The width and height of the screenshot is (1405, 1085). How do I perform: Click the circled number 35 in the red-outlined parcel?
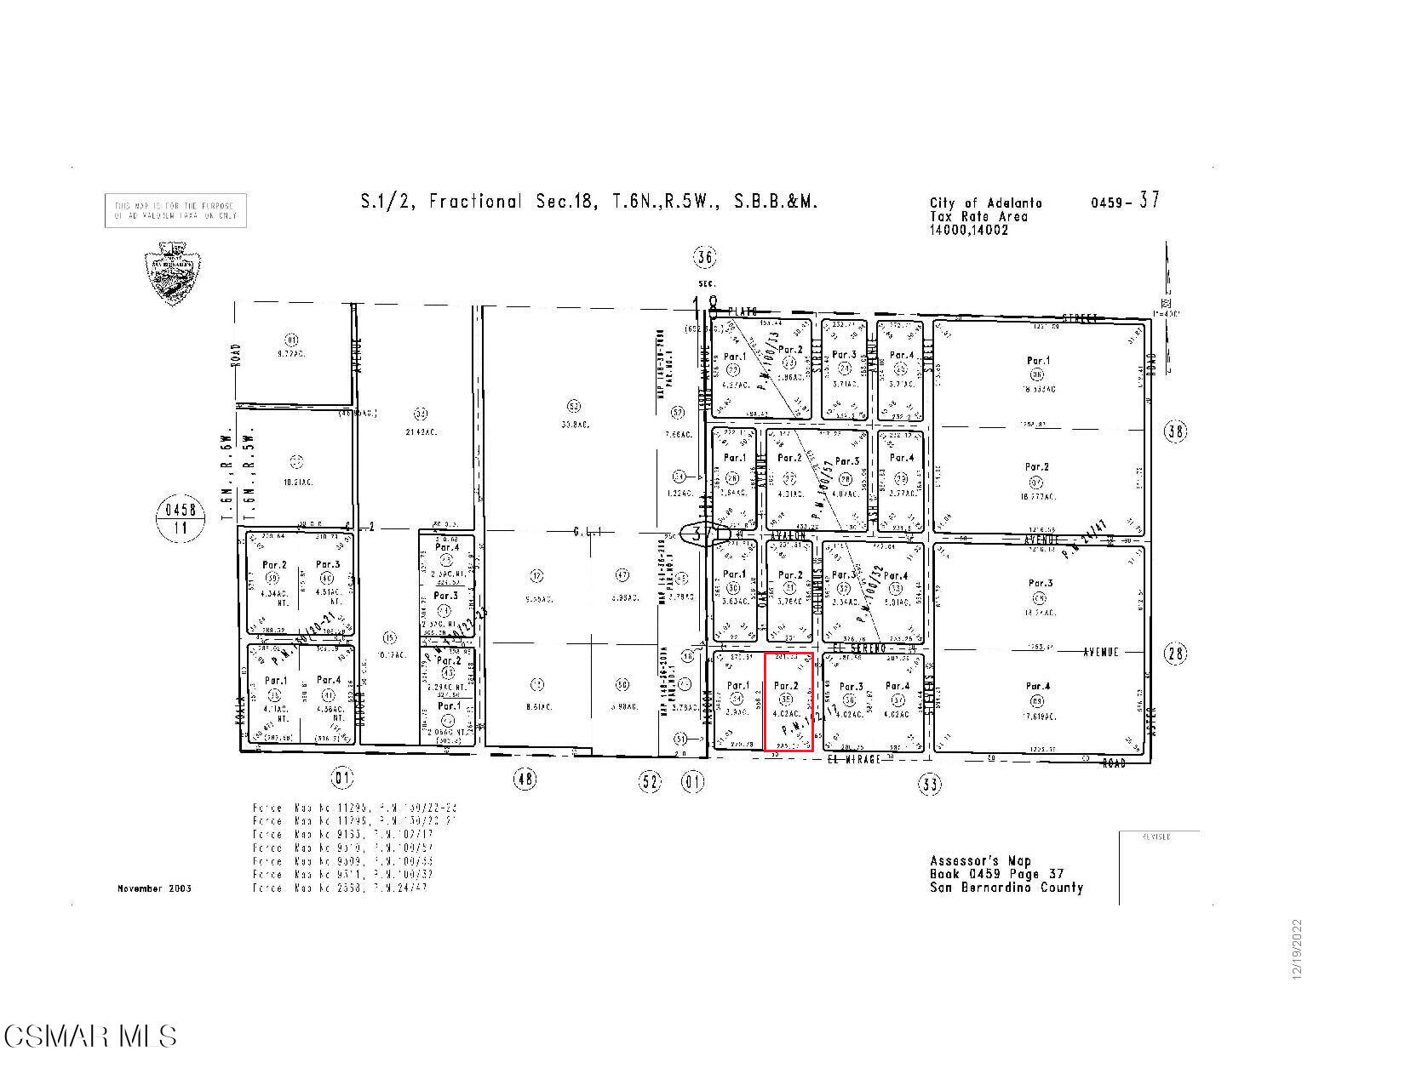click(x=786, y=700)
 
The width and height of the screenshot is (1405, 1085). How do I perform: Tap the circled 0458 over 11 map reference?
click(x=181, y=518)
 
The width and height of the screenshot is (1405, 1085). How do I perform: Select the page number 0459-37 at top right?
click(x=1124, y=202)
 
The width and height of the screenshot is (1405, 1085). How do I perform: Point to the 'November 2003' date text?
click(x=154, y=888)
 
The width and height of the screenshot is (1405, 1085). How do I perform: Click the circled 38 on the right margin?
click(x=1175, y=432)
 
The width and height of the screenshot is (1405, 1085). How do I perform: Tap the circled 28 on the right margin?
click(x=1175, y=654)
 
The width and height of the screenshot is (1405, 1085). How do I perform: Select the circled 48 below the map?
click(x=525, y=778)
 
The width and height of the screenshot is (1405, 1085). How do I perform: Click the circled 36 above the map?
click(x=704, y=256)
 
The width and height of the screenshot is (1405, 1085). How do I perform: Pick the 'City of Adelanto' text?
click(x=985, y=203)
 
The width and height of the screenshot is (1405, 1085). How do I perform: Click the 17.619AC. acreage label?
click(x=1037, y=716)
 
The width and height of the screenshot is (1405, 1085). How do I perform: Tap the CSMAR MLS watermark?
click(x=90, y=1036)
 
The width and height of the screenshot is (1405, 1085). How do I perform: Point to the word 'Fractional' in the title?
click(x=475, y=202)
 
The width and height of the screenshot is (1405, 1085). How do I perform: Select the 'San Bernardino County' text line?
click(x=1006, y=887)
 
